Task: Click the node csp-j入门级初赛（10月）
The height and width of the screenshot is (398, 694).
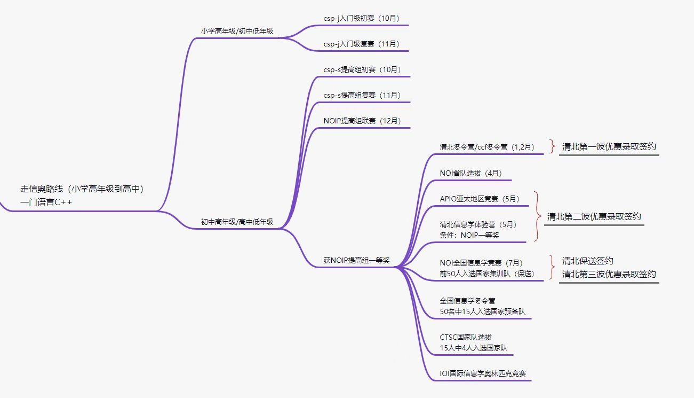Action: pyautogui.click(x=361, y=18)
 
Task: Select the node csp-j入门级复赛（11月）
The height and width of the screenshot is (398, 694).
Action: pyautogui.click(x=361, y=44)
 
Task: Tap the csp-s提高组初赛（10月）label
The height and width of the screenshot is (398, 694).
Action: pyautogui.click(x=362, y=69)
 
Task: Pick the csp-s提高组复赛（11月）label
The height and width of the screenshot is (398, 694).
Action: pyautogui.click(x=362, y=95)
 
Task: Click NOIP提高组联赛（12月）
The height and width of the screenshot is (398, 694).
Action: pyautogui.click(x=362, y=121)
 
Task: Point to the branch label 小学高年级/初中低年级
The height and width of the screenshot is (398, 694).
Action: pyautogui.click(x=237, y=31)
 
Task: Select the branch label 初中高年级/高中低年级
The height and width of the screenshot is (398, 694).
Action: pyautogui.click(x=237, y=222)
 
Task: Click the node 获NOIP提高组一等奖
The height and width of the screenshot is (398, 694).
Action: pyautogui.click(x=356, y=260)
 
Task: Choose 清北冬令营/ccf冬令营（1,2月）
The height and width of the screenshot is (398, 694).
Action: pyautogui.click(x=487, y=147)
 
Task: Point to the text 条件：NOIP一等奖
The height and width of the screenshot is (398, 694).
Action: pyautogui.click(x=469, y=235)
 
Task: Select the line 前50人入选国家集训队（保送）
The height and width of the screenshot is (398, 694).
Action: pyautogui.click(x=487, y=274)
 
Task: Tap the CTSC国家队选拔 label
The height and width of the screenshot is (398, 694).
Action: pyautogui.click(x=466, y=337)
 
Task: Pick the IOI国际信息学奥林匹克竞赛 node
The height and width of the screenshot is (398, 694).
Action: pyautogui.click(x=483, y=373)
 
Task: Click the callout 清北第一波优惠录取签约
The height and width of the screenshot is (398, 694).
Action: pyautogui.click(x=609, y=146)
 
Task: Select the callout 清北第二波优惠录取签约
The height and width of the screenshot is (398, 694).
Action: pyautogui.click(x=594, y=216)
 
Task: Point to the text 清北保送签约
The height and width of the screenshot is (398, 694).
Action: pyautogui.click(x=587, y=261)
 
